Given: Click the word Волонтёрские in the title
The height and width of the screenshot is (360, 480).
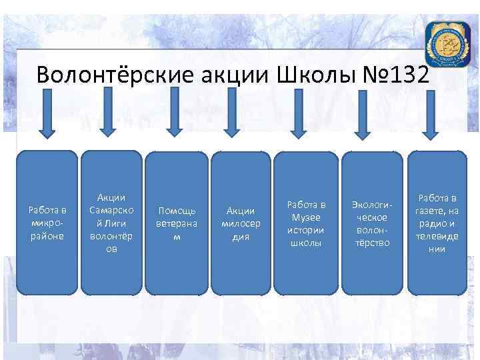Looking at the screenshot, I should point(100,75).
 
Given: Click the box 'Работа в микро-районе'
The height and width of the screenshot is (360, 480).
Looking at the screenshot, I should point(46,223).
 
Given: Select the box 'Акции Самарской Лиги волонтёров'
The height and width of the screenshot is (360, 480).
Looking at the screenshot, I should point(111,223).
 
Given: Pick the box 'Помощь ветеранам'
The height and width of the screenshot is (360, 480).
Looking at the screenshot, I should point(176,223).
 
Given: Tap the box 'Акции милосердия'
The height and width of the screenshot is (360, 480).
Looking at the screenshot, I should point(240,223).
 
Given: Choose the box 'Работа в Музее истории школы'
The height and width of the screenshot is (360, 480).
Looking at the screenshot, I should point(305,223).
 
